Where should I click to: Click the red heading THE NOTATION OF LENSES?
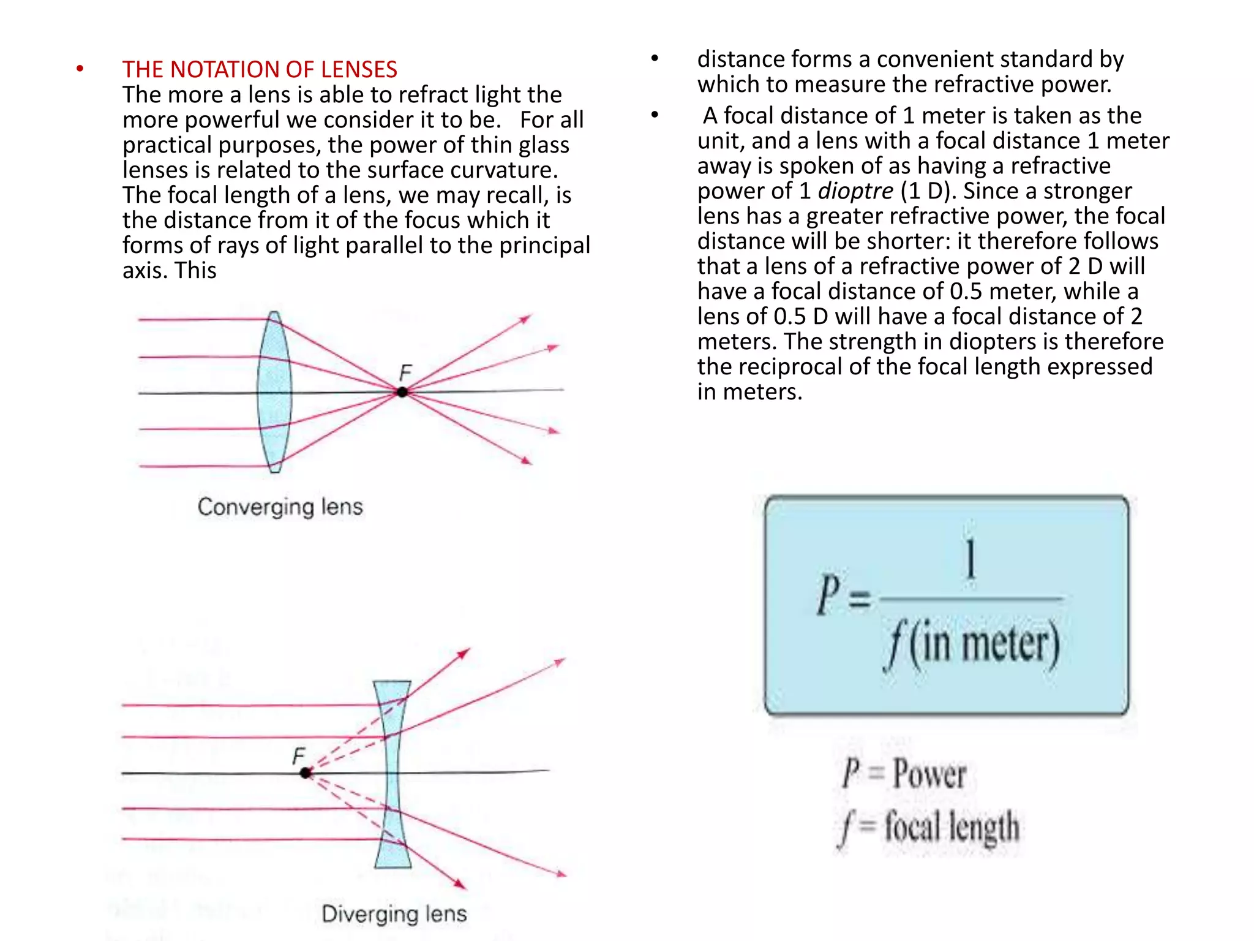click(260, 69)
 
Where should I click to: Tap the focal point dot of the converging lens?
click(402, 391)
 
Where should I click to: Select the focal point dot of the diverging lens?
click(306, 773)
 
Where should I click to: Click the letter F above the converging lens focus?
click(405, 372)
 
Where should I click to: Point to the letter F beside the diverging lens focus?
click(298, 756)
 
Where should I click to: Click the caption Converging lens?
click(280, 507)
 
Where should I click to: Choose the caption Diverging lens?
click(394, 913)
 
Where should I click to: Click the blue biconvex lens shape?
click(274, 392)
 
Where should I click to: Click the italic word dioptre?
click(855, 191)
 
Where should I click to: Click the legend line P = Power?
click(904, 773)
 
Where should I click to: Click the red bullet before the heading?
click(80, 69)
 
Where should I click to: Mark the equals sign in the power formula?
click(860, 598)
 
